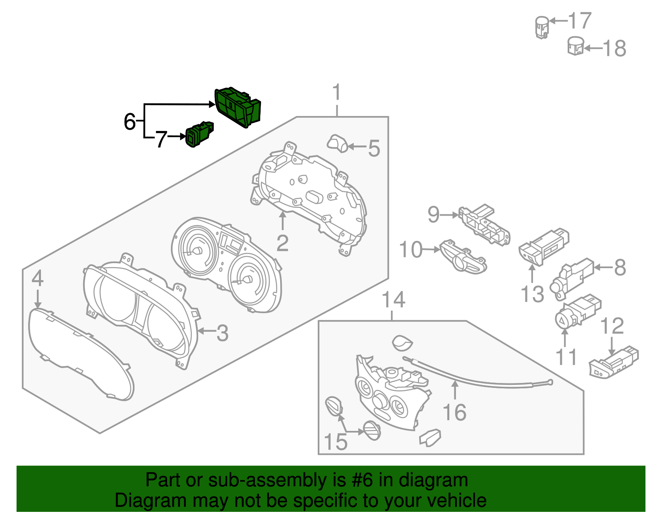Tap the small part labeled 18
click(x=575, y=46)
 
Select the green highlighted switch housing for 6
click(x=238, y=107)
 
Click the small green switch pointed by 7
click(x=199, y=134)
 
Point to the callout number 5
click(x=374, y=149)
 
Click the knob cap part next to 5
click(x=337, y=143)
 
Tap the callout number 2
click(x=282, y=243)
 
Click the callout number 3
click(x=223, y=333)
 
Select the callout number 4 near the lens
click(x=37, y=278)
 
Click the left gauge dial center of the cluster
click(x=197, y=251)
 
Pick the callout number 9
click(x=433, y=214)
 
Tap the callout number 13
click(x=532, y=295)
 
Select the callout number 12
click(x=612, y=326)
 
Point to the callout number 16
click(x=454, y=412)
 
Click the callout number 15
click(x=335, y=442)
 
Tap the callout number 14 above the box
click(x=393, y=300)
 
